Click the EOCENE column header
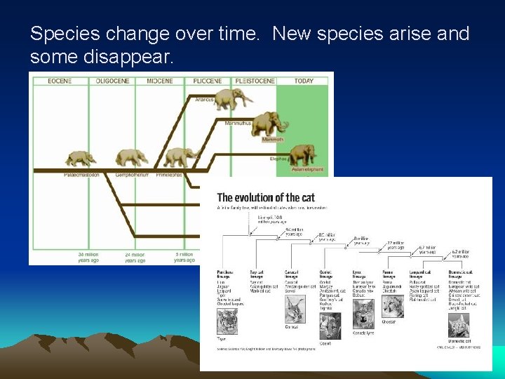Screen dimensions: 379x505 (60, 81)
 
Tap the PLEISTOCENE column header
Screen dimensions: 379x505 (254, 81)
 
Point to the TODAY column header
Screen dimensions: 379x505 (304, 81)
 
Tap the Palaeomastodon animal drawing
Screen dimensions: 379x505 (81, 159)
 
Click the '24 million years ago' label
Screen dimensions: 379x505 (135, 258)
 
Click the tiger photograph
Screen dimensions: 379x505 (228, 322)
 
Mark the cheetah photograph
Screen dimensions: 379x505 (393, 307)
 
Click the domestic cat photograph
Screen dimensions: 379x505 (459, 324)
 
